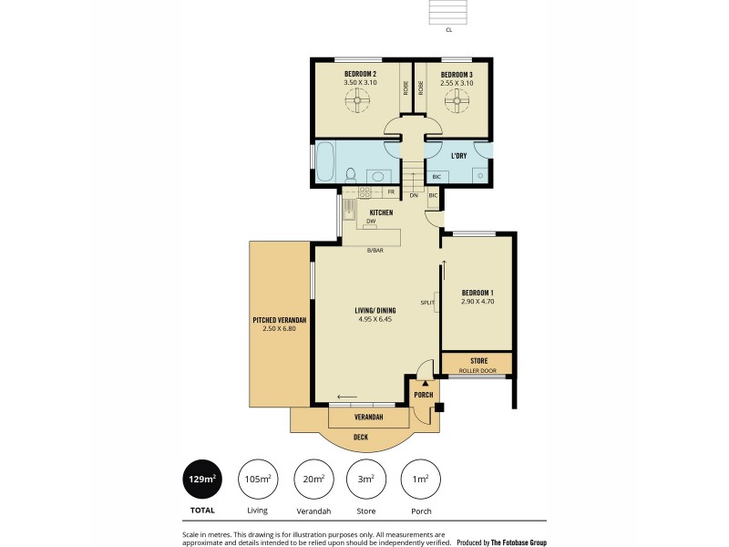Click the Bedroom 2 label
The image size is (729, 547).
pyautogui.click(x=360, y=74)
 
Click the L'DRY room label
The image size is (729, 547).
pyautogui.click(x=458, y=156)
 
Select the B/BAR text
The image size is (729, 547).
pyautogui.click(x=374, y=249)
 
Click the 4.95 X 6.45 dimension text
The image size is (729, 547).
pyautogui.click(x=375, y=319)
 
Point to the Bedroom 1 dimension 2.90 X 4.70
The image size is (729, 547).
pyautogui.click(x=477, y=301)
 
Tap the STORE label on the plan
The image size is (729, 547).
pyautogui.click(x=478, y=361)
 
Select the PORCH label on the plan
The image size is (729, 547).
pyautogui.click(x=423, y=395)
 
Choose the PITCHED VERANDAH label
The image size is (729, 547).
pyautogui.click(x=279, y=320)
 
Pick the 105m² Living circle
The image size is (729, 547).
pyautogui.click(x=258, y=479)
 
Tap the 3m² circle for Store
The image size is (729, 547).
pyautogui.click(x=366, y=479)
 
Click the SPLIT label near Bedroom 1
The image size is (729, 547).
pyautogui.click(x=426, y=302)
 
